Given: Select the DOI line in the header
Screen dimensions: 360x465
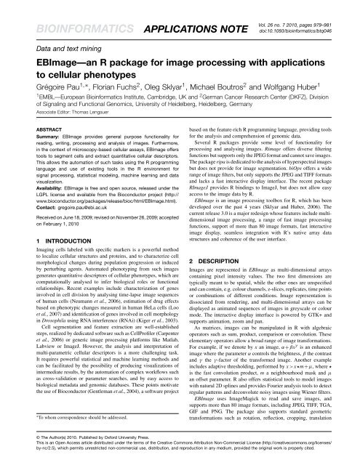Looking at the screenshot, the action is coord(308,14).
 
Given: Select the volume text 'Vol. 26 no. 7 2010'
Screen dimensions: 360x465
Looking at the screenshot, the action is coord(307,6).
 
